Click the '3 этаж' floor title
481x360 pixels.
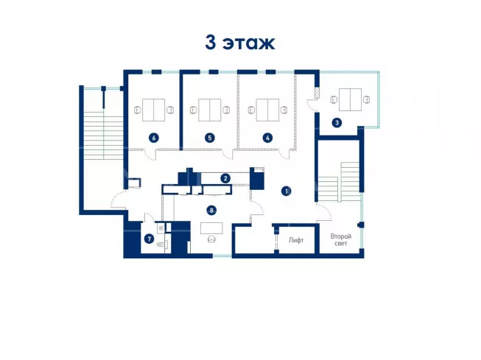pyautogui.click(x=240, y=42)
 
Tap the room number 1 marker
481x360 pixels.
pyautogui.click(x=287, y=191)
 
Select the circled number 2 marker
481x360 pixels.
pyautogui.click(x=225, y=178)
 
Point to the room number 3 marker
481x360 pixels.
pyautogui.click(x=337, y=123)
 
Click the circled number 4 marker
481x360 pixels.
pyautogui.click(x=267, y=138)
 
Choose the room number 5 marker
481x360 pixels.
pyautogui.click(x=209, y=138)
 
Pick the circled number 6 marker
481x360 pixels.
pyautogui.click(x=154, y=138)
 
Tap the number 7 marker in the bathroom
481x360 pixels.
pyautogui.click(x=149, y=239)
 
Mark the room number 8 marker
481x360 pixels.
pyautogui.click(x=211, y=211)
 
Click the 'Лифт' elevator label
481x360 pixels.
pyautogui.click(x=296, y=240)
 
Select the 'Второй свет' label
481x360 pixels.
pyautogui.click(x=341, y=240)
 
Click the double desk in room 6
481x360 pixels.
pyautogui.click(x=154, y=110)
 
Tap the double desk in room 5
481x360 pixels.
pyautogui.click(x=209, y=110)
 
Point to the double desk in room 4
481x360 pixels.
pyautogui.click(x=267, y=110)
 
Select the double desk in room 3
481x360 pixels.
pyautogui.click(x=350, y=99)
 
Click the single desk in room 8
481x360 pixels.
pyautogui.click(x=211, y=228)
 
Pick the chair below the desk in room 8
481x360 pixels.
pyautogui.click(x=211, y=239)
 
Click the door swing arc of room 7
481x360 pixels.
pyautogui.click(x=150, y=217)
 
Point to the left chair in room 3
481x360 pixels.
pyautogui.click(x=334, y=99)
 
